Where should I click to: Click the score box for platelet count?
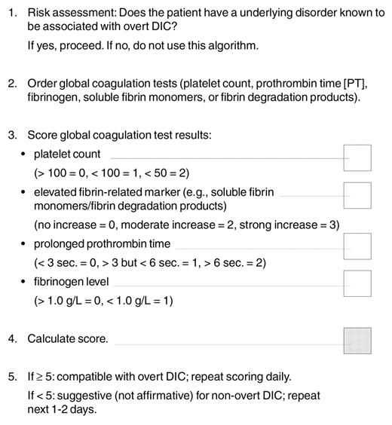point(357,158)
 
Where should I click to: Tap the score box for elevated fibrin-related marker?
point(357,195)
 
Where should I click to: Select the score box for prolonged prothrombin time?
point(357,246)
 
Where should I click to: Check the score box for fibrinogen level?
point(357,283)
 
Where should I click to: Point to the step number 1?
point(11,13)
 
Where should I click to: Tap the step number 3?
point(11,136)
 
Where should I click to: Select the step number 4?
point(11,339)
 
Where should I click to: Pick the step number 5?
point(11,377)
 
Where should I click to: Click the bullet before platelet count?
point(24,154)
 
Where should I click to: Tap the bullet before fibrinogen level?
point(24,282)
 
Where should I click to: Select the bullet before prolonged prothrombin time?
point(24,244)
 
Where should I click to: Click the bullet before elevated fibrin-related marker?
point(24,192)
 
